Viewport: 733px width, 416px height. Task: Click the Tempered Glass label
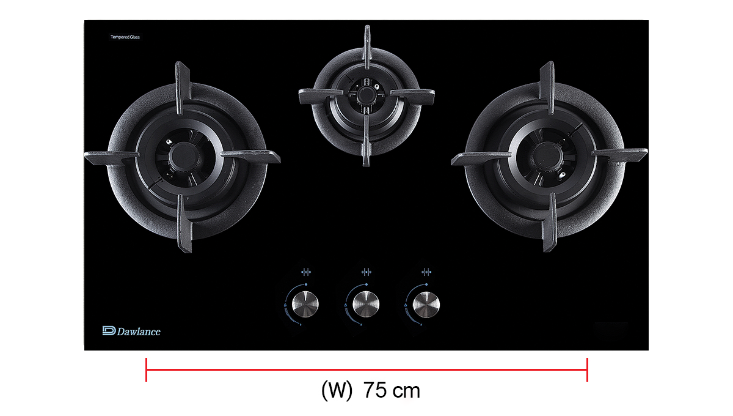(x=125, y=37)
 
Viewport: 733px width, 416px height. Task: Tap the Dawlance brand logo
(x=131, y=331)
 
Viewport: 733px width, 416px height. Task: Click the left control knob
(x=305, y=304)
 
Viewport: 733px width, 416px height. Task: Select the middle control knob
(x=365, y=304)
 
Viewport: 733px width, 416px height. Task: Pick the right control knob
(x=426, y=304)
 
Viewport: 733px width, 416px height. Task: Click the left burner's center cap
(x=184, y=157)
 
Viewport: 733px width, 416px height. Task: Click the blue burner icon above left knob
(x=306, y=272)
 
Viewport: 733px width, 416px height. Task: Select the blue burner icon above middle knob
(x=366, y=272)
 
